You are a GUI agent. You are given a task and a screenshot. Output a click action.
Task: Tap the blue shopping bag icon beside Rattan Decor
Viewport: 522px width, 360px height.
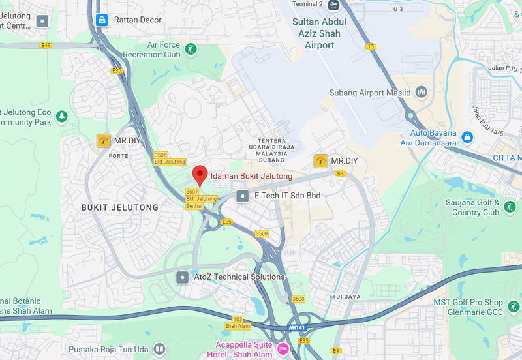(102, 20)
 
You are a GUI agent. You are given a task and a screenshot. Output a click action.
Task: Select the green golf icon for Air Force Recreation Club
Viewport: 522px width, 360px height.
(190, 50)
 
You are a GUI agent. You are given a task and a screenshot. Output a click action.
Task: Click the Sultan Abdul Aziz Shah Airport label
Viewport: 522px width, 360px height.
(320, 34)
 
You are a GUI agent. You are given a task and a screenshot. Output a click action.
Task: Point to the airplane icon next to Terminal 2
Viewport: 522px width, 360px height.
(334, 5)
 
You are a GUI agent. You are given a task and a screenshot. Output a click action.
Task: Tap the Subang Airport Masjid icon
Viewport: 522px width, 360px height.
(422, 92)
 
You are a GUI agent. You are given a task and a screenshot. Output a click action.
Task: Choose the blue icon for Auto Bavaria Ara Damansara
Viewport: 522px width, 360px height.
(467, 137)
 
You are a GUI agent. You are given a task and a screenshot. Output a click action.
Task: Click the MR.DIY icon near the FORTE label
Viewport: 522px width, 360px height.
(103, 140)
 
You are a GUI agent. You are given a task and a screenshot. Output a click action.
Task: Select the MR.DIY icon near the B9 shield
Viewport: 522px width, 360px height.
(320, 160)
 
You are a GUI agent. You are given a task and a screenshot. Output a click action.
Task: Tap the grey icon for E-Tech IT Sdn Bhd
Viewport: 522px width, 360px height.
(243, 195)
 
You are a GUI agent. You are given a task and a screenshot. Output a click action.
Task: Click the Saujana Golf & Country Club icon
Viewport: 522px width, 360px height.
(509, 207)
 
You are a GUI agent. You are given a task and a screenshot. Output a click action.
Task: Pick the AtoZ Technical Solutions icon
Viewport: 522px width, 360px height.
(182, 277)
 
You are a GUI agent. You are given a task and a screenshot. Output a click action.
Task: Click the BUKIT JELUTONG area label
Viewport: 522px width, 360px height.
(120, 207)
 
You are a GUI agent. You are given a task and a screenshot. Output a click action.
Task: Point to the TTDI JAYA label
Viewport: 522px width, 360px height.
(344, 277)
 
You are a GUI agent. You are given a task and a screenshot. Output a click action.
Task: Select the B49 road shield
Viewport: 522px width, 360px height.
(46, 45)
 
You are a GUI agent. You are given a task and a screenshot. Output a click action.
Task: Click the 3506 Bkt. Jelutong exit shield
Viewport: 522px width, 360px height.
(170, 158)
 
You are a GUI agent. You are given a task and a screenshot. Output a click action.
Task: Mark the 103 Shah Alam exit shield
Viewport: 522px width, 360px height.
(238, 322)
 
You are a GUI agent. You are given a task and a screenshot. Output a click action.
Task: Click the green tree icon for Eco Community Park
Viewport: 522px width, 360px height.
(61, 117)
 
